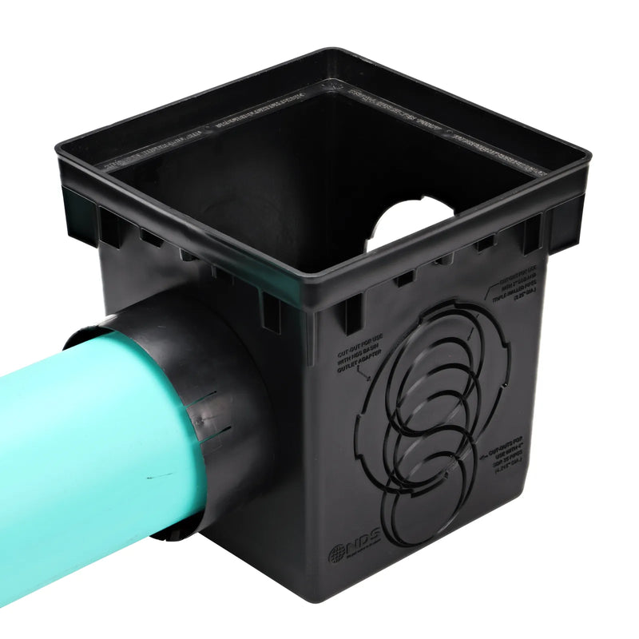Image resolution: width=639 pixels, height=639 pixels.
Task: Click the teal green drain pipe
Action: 88,447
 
